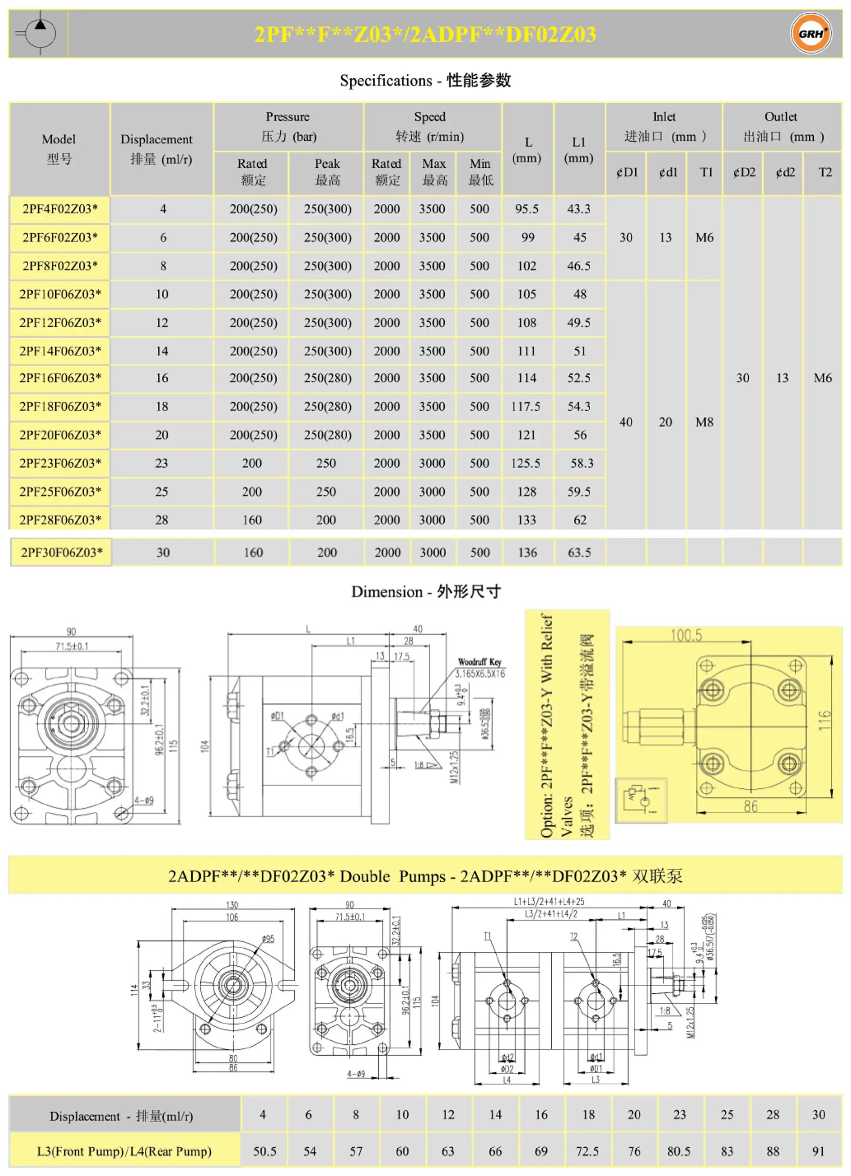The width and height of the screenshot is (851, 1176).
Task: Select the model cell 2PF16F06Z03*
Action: click(60, 378)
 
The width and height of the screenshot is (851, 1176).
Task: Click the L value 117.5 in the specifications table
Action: click(526, 407)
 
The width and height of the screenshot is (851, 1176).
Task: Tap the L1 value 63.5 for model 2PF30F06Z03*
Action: click(579, 553)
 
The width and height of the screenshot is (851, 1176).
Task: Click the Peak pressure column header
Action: click(327, 172)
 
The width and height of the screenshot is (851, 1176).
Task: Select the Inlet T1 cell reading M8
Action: click(704, 422)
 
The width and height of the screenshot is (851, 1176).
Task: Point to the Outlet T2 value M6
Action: click(822, 378)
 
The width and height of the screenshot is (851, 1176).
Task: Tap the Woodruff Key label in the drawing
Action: click(479, 662)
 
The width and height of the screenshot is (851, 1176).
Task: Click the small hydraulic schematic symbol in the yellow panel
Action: click(640, 800)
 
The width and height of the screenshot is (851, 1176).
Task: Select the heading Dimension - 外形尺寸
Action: click(425, 592)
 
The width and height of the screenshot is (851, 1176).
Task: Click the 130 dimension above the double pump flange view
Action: click(232, 905)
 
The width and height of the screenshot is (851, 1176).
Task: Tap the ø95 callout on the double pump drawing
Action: click(268, 939)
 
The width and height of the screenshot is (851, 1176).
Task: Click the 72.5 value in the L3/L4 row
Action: click(587, 1151)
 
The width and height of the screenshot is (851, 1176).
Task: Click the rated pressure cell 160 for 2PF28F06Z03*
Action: click(253, 520)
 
